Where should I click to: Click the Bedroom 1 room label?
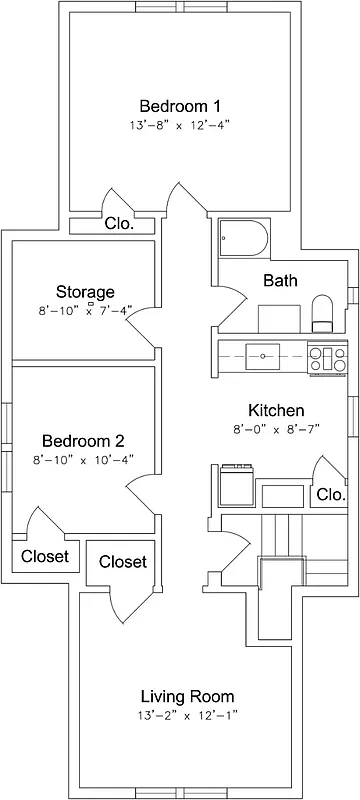point(180,106)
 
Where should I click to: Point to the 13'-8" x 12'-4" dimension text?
point(180,126)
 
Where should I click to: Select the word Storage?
point(85,292)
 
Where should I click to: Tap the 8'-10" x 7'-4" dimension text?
point(85,311)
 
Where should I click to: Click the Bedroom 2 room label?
point(83,441)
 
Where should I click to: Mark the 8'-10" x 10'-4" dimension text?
point(83,460)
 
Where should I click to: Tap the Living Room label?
point(187,696)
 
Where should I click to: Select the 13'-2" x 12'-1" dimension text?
point(187,716)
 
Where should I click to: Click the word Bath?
point(280,281)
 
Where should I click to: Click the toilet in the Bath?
point(323,313)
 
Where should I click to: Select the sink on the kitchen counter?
point(265,354)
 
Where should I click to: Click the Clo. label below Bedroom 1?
point(119,224)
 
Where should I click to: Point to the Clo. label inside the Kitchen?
point(329,495)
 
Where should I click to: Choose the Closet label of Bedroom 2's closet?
point(45,556)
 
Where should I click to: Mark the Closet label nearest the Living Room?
point(123,562)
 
